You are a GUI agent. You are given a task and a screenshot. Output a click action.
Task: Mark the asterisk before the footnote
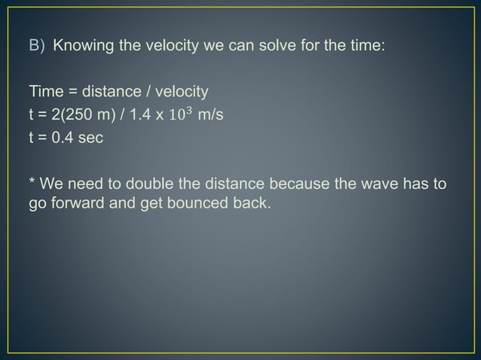[x=32, y=183]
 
